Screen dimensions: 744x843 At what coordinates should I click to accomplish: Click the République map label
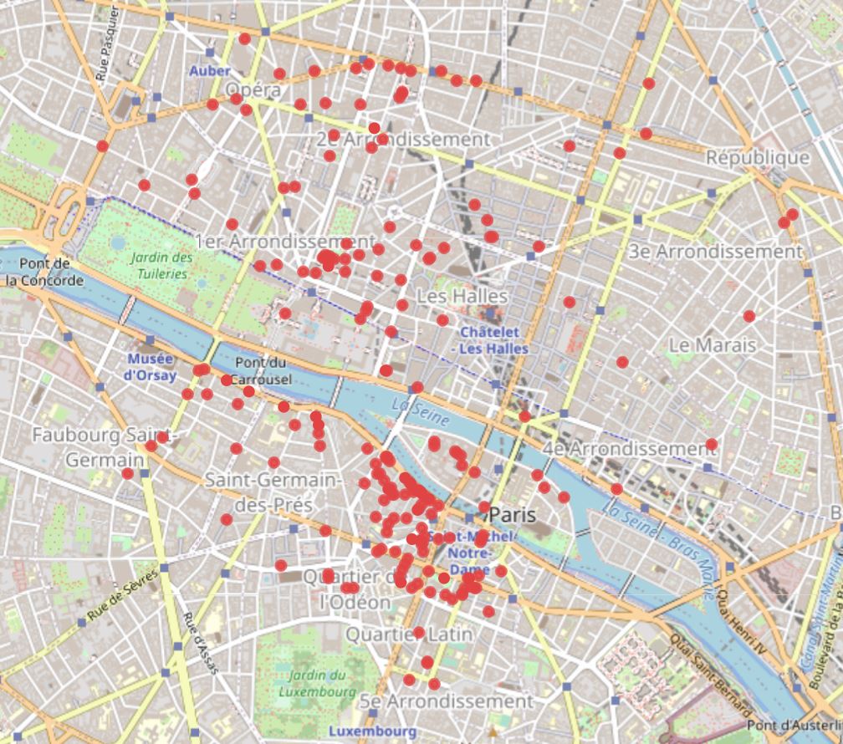pos(758,158)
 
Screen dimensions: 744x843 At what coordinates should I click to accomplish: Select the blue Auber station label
pos(209,71)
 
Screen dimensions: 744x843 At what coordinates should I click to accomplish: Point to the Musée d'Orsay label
pos(150,367)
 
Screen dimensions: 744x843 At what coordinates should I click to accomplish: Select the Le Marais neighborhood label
pos(712,344)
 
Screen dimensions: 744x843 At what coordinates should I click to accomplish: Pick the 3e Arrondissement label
pos(715,252)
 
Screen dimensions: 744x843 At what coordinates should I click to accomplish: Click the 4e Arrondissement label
pos(630,449)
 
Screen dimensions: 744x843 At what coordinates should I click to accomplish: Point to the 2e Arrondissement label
pos(402,139)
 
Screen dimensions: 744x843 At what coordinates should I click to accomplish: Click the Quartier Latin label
pos(410,634)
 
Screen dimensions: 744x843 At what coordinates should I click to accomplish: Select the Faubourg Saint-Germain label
pos(104,448)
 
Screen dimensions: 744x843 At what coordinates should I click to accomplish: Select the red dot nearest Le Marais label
pos(748,316)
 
